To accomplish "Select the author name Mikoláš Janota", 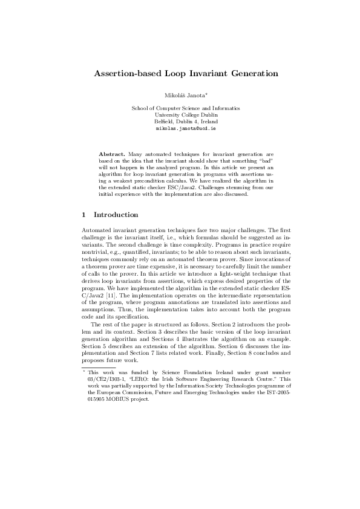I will [x=183, y=96].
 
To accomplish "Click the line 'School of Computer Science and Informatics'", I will [x=186, y=108].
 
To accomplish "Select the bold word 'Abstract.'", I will [x=113, y=154].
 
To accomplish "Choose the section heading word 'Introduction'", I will [x=116, y=215].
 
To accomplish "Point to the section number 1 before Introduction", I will [x=83, y=215].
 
